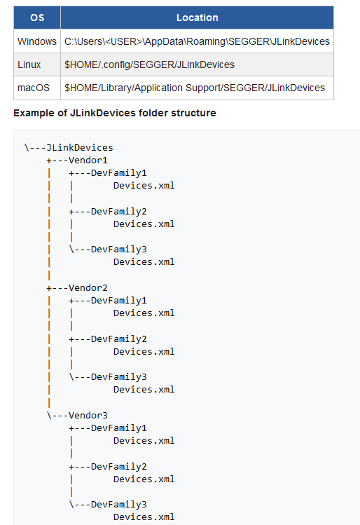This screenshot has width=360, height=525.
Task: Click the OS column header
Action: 37,18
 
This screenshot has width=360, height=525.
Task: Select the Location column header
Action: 197,18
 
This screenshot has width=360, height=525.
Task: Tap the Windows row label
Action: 37,41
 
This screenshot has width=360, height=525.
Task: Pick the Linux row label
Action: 29,64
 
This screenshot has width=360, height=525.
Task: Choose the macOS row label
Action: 34,88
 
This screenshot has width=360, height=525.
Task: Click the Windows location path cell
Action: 197,41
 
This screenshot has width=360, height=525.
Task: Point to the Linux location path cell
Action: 150,64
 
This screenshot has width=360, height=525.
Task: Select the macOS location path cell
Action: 195,88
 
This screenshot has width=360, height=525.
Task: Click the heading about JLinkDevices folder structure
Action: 115,113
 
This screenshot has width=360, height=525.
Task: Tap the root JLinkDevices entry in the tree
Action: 80,147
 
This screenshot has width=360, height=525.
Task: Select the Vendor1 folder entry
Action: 88,160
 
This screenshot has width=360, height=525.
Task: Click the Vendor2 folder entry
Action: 88,287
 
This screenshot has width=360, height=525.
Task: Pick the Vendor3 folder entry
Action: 88,415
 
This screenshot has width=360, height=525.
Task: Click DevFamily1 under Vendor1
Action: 119,172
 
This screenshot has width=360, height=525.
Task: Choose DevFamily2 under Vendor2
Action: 119,339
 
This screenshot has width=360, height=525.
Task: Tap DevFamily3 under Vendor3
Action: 119,504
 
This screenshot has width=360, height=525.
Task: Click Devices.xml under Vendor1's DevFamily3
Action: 144,262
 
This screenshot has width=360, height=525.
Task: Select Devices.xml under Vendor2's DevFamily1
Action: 144,313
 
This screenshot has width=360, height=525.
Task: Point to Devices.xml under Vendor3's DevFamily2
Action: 144,479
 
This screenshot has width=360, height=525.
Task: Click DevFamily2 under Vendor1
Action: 119,211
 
